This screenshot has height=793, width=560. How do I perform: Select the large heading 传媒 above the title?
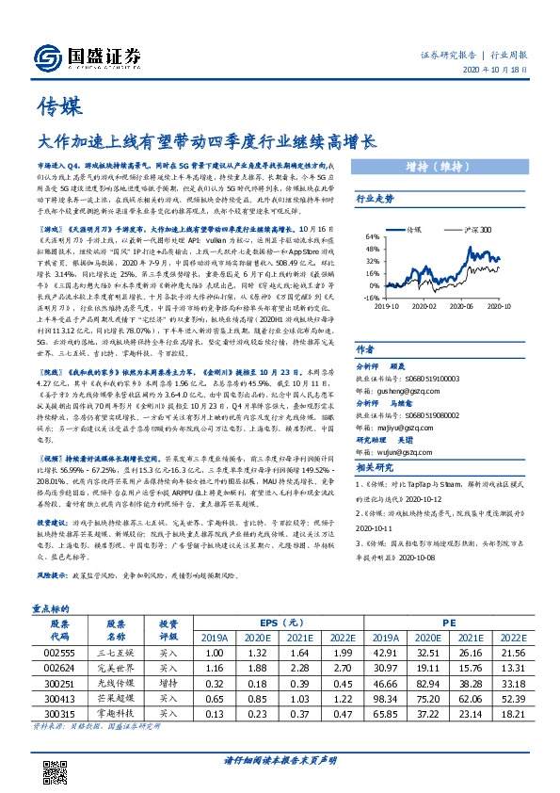pyautogui.click(x=56, y=104)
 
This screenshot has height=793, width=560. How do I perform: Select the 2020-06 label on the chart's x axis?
pyautogui.click(x=472, y=306)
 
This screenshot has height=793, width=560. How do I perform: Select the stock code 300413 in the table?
pyautogui.click(x=58, y=699)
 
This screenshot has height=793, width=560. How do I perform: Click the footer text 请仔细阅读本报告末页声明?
pyautogui.click(x=280, y=761)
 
